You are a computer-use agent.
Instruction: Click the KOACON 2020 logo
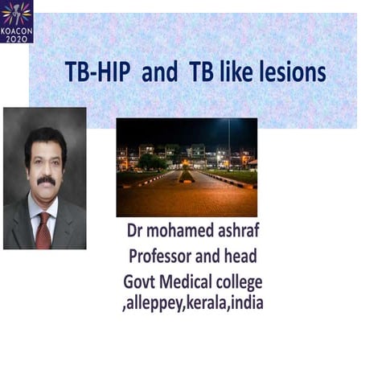click(16, 21)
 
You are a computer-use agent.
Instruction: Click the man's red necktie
click(43, 229)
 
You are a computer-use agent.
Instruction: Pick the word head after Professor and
click(243, 257)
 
